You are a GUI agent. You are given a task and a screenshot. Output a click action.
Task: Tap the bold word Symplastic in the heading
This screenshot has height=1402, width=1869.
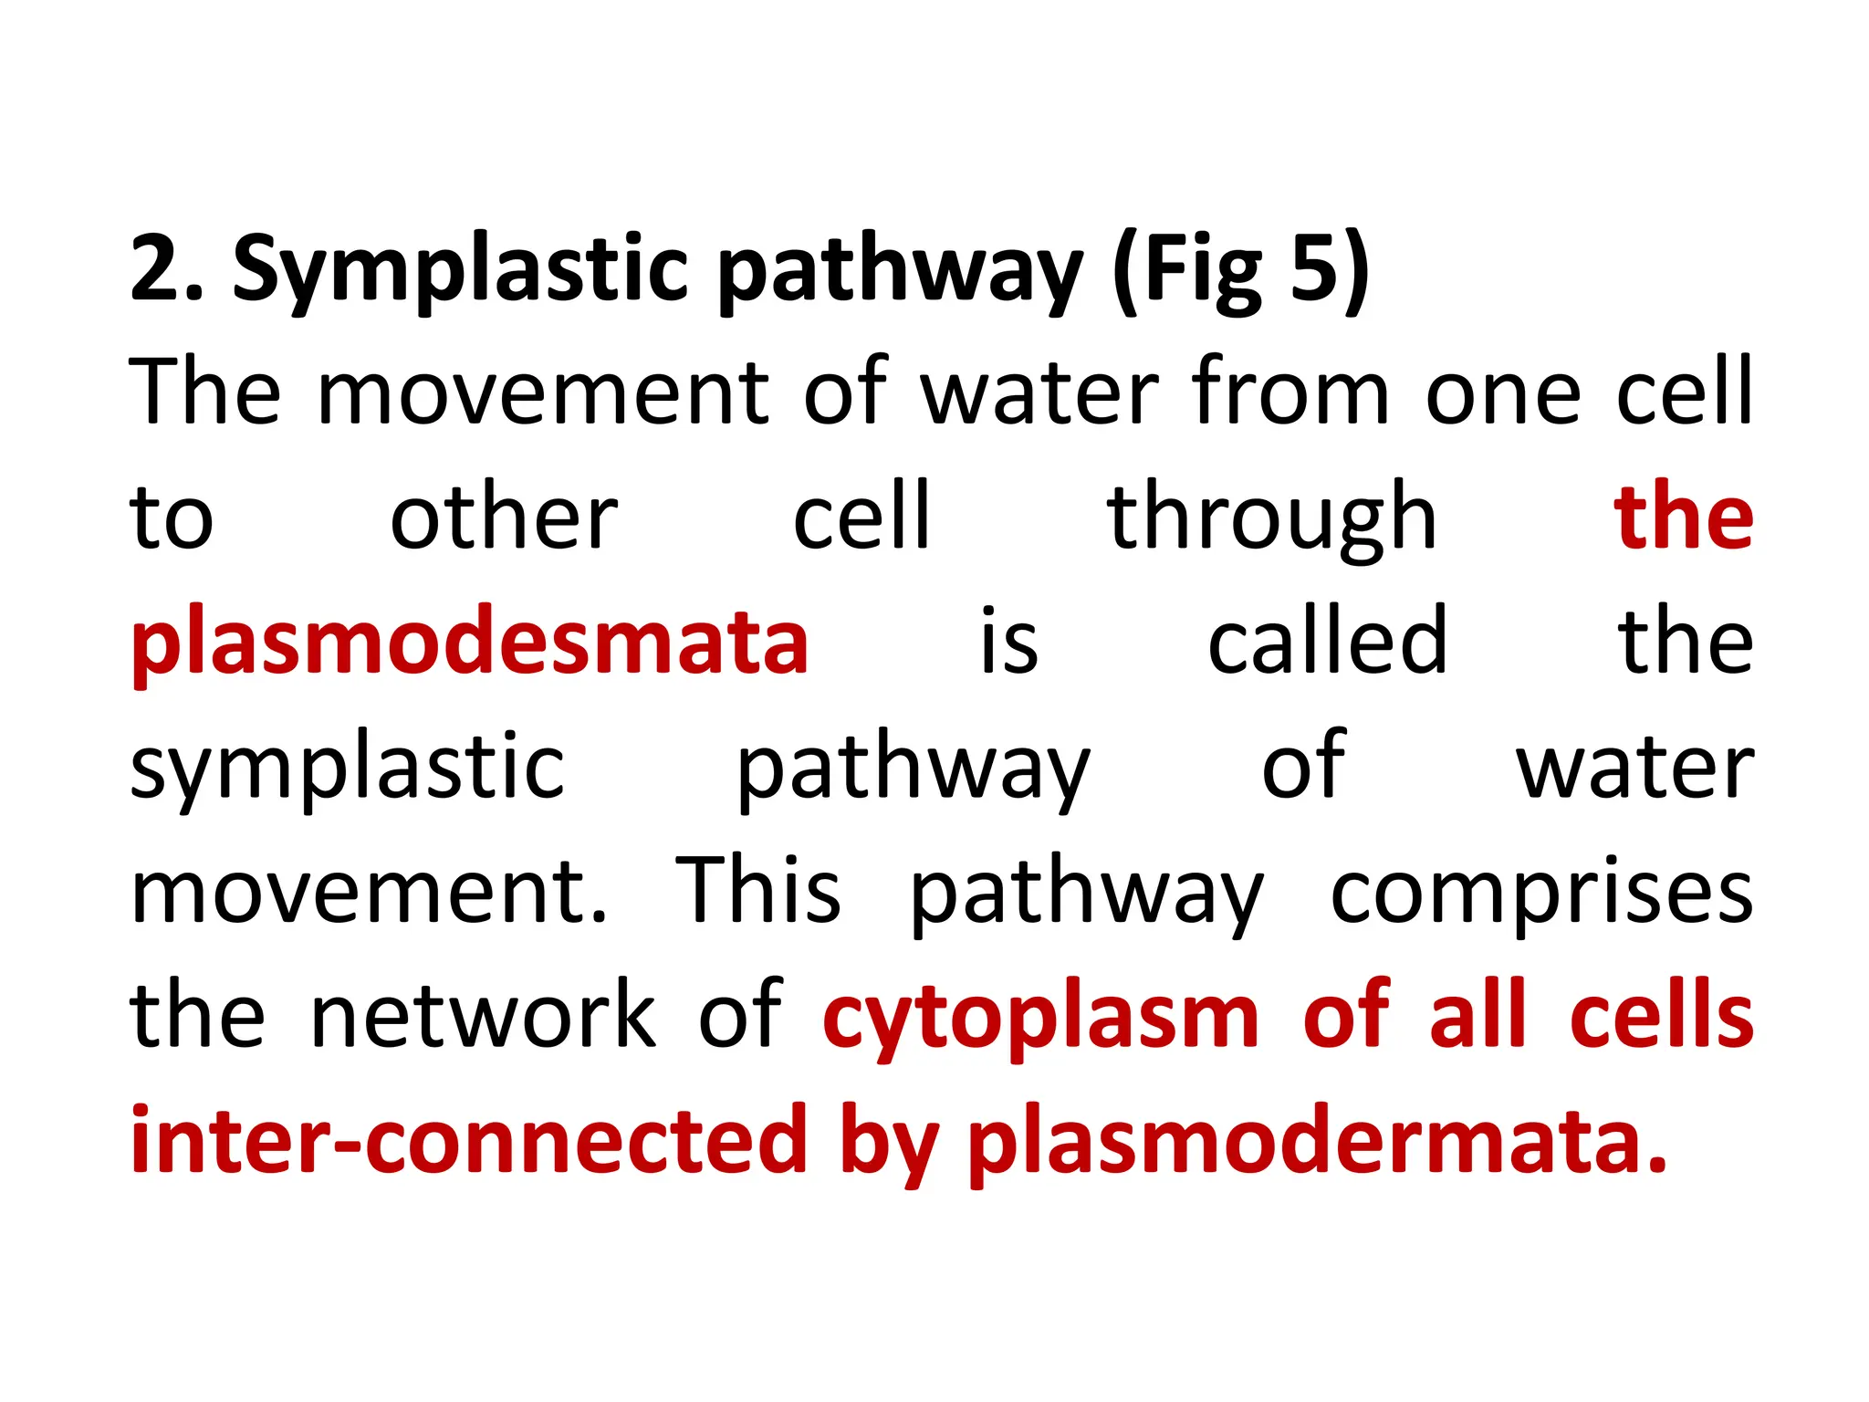coord(461,270)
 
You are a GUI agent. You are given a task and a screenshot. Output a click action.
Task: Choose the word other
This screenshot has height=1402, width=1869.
coord(505,518)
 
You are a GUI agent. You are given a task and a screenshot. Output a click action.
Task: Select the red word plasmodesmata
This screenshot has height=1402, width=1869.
coord(470,643)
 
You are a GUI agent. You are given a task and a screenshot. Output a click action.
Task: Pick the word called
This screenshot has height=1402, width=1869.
coord(1328,641)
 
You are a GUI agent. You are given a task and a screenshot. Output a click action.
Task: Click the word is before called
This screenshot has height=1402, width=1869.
coord(1009,641)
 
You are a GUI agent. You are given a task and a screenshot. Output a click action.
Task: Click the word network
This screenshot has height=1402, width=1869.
coord(484,1015)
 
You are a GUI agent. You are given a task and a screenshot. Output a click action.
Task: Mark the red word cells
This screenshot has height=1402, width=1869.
coord(1662,1015)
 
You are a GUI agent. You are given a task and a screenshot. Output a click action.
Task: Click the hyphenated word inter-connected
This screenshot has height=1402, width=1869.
coord(470,1140)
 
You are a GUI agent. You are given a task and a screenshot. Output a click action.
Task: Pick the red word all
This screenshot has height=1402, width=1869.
coord(1477,1015)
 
